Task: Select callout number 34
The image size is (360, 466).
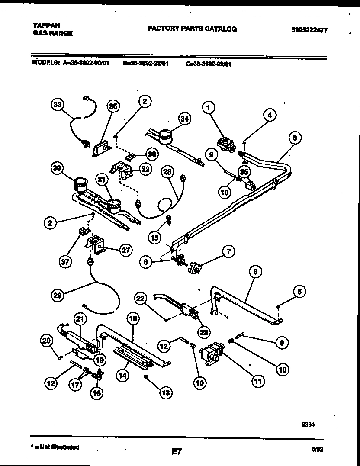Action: pos(185,120)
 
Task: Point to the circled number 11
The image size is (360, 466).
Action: pos(258,382)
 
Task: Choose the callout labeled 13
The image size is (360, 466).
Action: pos(165,392)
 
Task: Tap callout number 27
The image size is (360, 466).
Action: pos(125,251)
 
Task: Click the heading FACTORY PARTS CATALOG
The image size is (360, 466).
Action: pos(192,29)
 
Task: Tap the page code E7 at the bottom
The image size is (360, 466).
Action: pos(176,452)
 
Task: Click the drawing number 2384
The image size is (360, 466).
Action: pos(308,424)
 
